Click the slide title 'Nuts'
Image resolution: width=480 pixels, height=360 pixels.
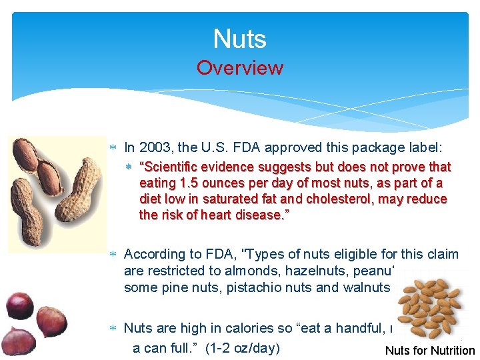point(239,39)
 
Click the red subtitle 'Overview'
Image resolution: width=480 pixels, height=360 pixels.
point(239,68)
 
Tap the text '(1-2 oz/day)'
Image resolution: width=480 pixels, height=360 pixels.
point(244,348)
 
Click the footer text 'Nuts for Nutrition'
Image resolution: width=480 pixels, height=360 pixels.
point(430,351)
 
